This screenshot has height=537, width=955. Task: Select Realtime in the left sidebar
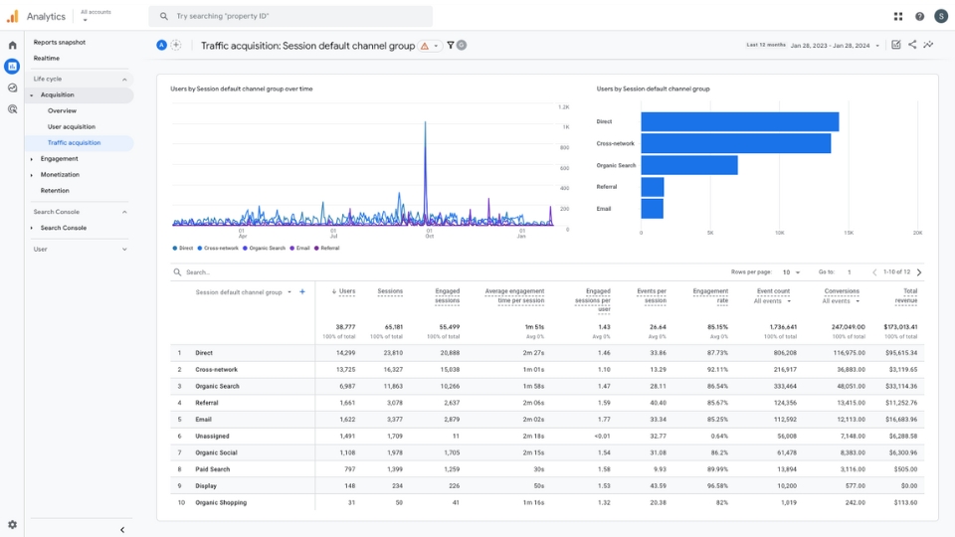click(x=47, y=58)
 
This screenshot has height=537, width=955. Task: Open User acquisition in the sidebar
click(x=72, y=126)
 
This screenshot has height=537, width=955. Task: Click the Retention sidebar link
click(x=55, y=190)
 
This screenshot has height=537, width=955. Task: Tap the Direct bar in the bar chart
click(x=739, y=121)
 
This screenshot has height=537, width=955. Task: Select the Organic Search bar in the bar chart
click(x=689, y=165)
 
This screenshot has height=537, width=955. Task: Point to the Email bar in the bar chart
click(x=652, y=209)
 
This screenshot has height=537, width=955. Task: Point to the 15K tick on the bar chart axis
click(x=848, y=233)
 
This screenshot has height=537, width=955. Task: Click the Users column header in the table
click(x=345, y=291)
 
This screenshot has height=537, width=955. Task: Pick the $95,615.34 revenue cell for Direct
click(x=899, y=353)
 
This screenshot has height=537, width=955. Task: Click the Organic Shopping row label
click(x=221, y=502)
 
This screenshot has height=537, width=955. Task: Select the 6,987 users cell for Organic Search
click(x=343, y=386)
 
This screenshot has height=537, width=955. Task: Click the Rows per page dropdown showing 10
click(x=790, y=271)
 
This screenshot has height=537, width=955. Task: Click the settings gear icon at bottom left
click(x=12, y=524)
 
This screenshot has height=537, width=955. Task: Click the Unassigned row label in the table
click(x=214, y=436)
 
